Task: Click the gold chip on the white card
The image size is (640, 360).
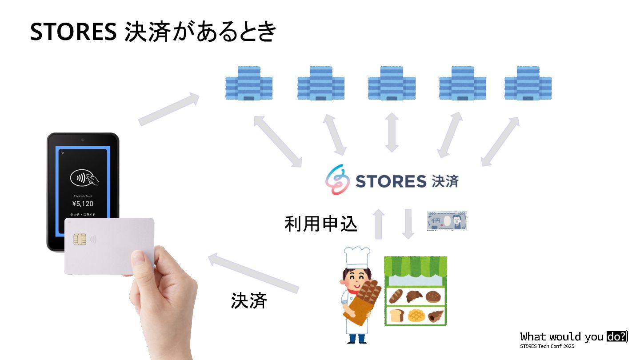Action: coord(80,240)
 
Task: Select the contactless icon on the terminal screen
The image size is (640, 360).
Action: coord(84,179)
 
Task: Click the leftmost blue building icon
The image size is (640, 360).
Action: coord(248,83)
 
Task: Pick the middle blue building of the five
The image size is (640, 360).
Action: coord(392,83)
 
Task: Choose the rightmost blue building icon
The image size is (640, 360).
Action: coord(528,83)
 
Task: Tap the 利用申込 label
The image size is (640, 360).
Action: coord(321,224)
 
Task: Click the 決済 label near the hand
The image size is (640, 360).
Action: coord(249,301)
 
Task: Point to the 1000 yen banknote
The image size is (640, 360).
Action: coord(447,221)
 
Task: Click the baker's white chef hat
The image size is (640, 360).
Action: coord(356,257)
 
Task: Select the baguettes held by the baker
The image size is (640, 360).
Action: coord(367,293)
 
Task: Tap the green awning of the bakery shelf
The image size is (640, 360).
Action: coord(415,267)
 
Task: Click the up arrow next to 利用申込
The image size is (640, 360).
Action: coord(378,224)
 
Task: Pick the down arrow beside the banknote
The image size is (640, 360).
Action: coord(408,224)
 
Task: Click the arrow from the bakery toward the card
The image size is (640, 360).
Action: coord(253,273)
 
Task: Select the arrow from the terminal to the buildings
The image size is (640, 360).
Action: coord(169,109)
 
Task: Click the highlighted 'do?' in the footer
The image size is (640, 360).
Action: coord(616,336)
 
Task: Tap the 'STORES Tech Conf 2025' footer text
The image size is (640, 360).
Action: coord(547,346)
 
